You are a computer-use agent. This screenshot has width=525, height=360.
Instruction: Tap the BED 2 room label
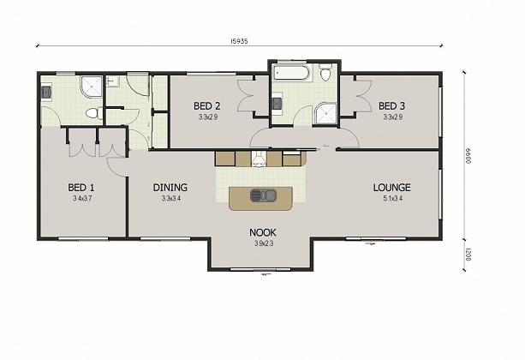(x=207, y=106)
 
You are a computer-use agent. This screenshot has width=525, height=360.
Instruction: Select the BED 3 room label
(x=393, y=106)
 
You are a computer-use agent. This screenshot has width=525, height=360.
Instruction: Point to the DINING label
(x=170, y=188)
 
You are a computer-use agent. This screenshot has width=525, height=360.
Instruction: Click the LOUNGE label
(x=391, y=188)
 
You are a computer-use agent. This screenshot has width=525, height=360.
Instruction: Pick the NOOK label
(x=262, y=232)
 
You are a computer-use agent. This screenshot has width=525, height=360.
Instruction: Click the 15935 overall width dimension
(x=240, y=40)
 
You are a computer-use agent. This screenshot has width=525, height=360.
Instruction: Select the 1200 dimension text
(x=468, y=254)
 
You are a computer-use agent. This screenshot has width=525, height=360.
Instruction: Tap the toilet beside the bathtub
(x=325, y=75)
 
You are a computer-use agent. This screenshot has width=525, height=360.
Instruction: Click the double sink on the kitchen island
(x=262, y=195)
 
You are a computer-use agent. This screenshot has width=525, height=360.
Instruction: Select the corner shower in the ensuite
(x=88, y=86)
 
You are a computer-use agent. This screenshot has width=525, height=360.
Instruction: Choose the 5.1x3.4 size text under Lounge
(x=391, y=199)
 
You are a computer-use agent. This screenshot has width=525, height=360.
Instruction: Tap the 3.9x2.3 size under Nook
(x=262, y=243)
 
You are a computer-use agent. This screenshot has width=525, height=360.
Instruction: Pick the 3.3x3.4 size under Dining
(x=170, y=199)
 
